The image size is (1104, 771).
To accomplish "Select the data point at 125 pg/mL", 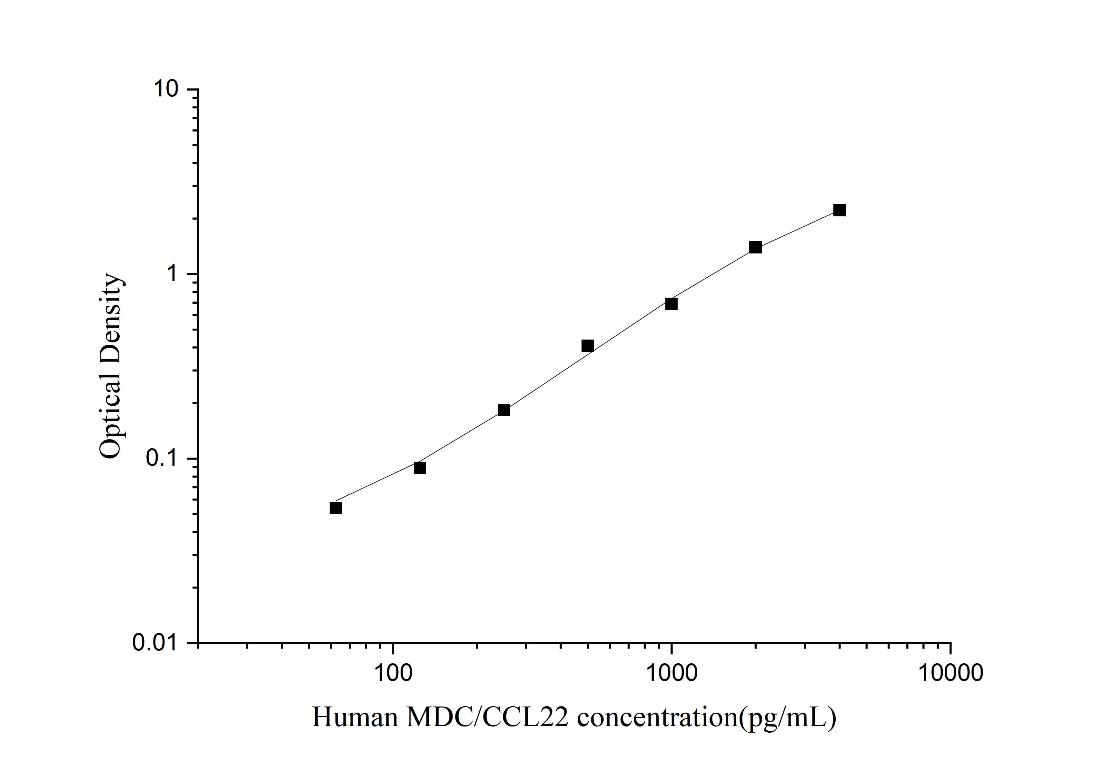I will coord(420,468).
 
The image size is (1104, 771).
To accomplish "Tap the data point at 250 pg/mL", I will coord(503,410).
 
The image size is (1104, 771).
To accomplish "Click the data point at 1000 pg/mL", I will coord(671,304).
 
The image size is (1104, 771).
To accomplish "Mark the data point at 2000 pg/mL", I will coord(755,248).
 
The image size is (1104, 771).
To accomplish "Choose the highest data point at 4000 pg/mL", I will coord(840,210).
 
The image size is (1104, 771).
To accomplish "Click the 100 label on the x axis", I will coord(393,673).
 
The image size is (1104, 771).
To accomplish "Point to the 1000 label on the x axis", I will coord(671,673).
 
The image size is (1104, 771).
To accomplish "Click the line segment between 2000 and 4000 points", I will coord(797,229).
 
